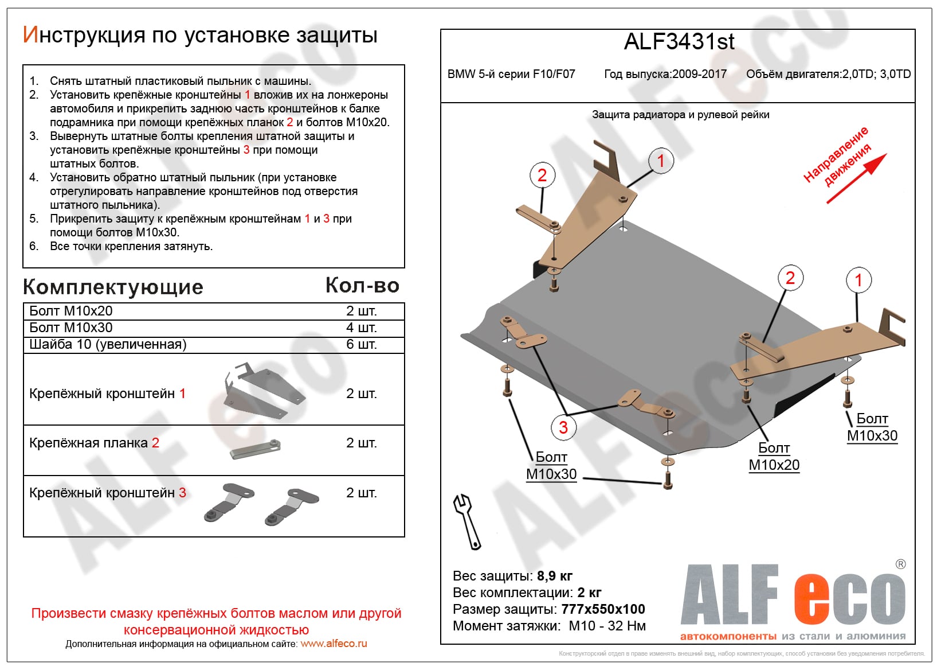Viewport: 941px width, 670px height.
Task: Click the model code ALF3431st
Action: tap(679, 42)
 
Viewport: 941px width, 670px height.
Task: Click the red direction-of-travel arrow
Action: tap(857, 178)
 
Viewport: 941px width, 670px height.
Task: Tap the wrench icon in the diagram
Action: tap(467, 521)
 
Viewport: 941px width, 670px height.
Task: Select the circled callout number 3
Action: tap(563, 427)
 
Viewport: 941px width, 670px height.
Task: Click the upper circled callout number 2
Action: tap(542, 175)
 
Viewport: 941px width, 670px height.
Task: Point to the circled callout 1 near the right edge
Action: tap(858, 280)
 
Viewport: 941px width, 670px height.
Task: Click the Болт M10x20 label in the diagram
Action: tap(774, 457)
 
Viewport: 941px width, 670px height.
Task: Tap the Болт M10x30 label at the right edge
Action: tap(872, 427)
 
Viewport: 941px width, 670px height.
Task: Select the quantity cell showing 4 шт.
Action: tap(361, 328)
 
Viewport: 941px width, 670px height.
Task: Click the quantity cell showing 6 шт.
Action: tap(361, 344)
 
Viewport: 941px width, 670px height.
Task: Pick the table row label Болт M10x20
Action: tap(71, 311)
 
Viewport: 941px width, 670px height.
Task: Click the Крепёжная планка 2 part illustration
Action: tap(256, 449)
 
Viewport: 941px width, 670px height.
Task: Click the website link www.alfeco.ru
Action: tap(334, 644)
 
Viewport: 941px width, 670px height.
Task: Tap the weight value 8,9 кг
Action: tap(554, 576)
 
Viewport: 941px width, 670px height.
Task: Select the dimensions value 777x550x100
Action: tap(603, 609)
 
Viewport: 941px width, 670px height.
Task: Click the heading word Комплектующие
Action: tap(113, 287)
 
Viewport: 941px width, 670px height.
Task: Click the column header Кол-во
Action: tap(362, 285)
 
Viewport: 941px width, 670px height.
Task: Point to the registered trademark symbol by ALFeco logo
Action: tap(900, 564)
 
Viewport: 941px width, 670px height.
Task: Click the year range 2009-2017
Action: tap(699, 74)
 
